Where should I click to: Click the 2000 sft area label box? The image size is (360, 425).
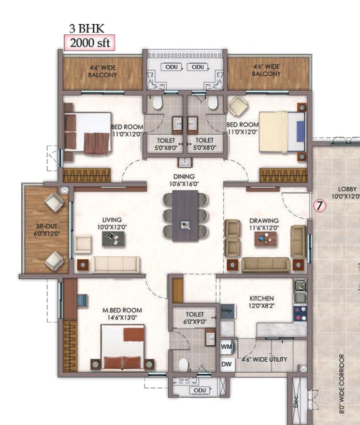coord(90,42)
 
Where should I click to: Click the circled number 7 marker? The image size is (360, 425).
coord(319,205)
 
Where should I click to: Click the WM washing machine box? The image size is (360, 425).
coord(226,347)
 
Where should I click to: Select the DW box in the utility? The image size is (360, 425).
coord(226,365)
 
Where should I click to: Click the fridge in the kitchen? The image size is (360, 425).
coord(227,312)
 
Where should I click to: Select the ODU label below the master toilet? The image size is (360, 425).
coord(199,390)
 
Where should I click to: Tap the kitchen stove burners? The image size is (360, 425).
coord(299,312)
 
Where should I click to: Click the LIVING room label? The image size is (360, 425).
coord(108,222)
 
